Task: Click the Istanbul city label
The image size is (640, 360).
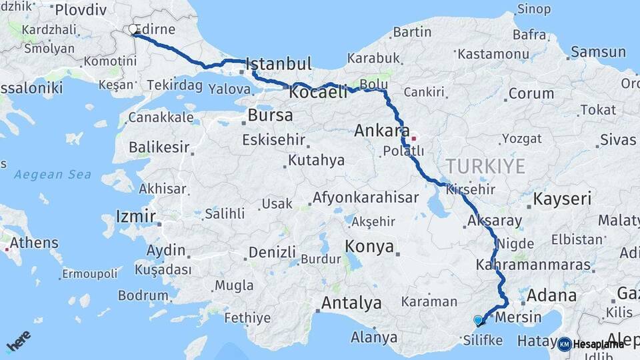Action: [279, 64]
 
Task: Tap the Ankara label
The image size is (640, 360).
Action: [381, 130]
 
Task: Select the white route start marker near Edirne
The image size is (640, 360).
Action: [133, 29]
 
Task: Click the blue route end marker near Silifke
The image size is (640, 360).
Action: [478, 321]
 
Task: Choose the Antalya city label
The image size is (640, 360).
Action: [351, 303]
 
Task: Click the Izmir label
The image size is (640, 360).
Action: [135, 217]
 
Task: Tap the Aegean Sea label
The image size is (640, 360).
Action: [53, 175]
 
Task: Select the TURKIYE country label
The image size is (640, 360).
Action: [485, 166]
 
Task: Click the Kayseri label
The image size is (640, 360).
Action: [563, 199]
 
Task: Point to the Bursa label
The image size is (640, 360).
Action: [270, 115]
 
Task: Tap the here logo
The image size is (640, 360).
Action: [18, 341]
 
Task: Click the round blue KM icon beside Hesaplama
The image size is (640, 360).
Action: [564, 344]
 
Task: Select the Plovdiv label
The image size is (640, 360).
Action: [81, 10]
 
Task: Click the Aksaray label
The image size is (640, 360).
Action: [495, 221]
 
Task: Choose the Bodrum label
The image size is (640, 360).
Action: [143, 295]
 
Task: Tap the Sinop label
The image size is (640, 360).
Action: [533, 9]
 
